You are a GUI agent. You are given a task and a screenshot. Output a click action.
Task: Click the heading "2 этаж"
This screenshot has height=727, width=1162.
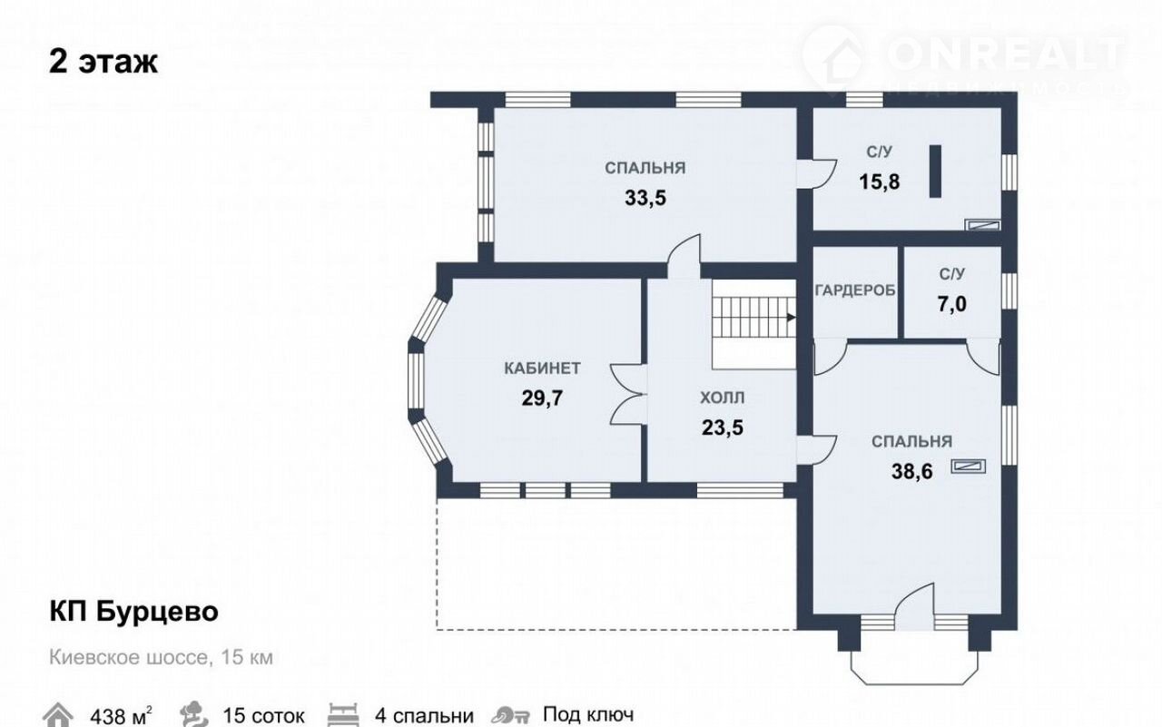point(103,62)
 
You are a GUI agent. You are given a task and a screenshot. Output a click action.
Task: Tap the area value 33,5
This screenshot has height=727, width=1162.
point(645,198)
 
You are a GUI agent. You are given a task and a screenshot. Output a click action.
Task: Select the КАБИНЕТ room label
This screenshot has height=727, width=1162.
point(542,368)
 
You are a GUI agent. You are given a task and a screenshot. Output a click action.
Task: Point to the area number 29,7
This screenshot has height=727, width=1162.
point(542,398)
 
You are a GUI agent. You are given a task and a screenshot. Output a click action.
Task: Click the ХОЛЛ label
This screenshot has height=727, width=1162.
point(722,398)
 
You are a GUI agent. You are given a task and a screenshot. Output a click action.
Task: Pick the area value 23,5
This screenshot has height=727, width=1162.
point(722,427)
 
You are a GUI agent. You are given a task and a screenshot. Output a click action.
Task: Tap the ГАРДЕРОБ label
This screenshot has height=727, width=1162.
point(855,290)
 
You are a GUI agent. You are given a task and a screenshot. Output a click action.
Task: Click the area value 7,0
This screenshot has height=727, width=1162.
point(952,304)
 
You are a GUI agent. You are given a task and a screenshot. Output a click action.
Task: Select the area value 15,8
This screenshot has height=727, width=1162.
point(880,182)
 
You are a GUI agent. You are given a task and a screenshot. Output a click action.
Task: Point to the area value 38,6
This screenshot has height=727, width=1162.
point(912,472)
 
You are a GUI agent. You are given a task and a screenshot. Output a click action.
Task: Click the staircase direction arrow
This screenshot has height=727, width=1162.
point(792,318)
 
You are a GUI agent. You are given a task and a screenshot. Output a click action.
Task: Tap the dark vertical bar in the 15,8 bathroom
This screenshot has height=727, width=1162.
point(935,172)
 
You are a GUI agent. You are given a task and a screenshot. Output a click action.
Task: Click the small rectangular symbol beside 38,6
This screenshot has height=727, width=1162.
point(968,467)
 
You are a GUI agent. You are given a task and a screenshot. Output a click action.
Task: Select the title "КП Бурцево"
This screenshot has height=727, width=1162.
point(133,612)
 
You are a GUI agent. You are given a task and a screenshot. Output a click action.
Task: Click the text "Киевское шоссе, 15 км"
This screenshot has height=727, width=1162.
point(161,657)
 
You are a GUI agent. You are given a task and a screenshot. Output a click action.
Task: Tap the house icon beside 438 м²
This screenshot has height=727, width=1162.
point(57,714)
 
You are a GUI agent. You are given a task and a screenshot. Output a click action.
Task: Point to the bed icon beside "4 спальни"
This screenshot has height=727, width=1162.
point(343,714)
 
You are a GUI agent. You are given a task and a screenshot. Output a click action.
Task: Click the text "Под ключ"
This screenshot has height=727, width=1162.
point(588,714)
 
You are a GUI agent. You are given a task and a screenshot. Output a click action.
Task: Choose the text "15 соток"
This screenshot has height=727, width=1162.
point(263,716)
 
